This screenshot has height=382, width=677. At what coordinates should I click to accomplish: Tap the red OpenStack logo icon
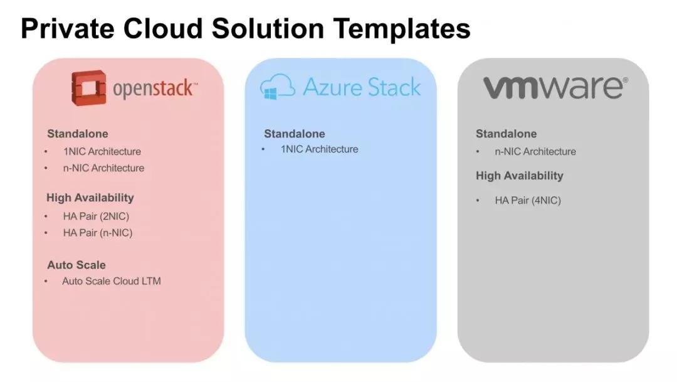click(x=88, y=87)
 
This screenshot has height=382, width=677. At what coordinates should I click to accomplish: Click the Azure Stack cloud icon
click(x=277, y=87)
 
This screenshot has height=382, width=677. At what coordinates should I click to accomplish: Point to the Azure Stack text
click(x=362, y=87)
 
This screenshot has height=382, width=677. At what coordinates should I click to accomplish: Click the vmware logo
click(x=554, y=87)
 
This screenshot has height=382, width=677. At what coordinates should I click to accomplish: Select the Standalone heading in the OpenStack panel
click(x=77, y=134)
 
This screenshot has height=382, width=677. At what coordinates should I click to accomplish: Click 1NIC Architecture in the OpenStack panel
click(x=102, y=151)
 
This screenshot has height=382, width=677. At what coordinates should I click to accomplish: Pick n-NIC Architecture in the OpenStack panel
click(x=103, y=168)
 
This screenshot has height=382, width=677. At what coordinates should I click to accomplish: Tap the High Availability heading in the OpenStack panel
click(x=90, y=198)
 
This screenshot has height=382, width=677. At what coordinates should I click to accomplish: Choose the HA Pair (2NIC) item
click(x=96, y=216)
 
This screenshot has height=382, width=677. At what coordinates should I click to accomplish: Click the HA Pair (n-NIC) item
click(x=97, y=233)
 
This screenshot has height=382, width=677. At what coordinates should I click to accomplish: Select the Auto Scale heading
click(x=76, y=265)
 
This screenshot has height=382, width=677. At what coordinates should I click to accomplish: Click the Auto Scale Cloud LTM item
click(x=111, y=281)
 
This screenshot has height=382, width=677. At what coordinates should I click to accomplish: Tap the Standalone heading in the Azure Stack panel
click(x=294, y=134)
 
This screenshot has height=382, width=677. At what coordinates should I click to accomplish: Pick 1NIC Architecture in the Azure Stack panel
click(x=319, y=149)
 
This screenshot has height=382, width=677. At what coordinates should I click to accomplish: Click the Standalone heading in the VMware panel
click(x=506, y=134)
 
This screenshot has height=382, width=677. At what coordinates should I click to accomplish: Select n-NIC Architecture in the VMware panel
click(x=535, y=152)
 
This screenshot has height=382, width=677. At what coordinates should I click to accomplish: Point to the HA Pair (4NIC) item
click(x=528, y=201)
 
